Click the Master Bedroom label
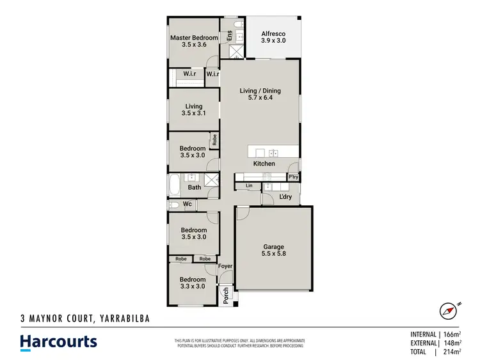193,38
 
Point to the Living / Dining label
260,91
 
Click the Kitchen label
264,164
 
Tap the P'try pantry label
294,176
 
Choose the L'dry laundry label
285,197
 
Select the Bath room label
194,187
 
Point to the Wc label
188,205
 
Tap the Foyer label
225,266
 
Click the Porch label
225,295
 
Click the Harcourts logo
58,341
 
